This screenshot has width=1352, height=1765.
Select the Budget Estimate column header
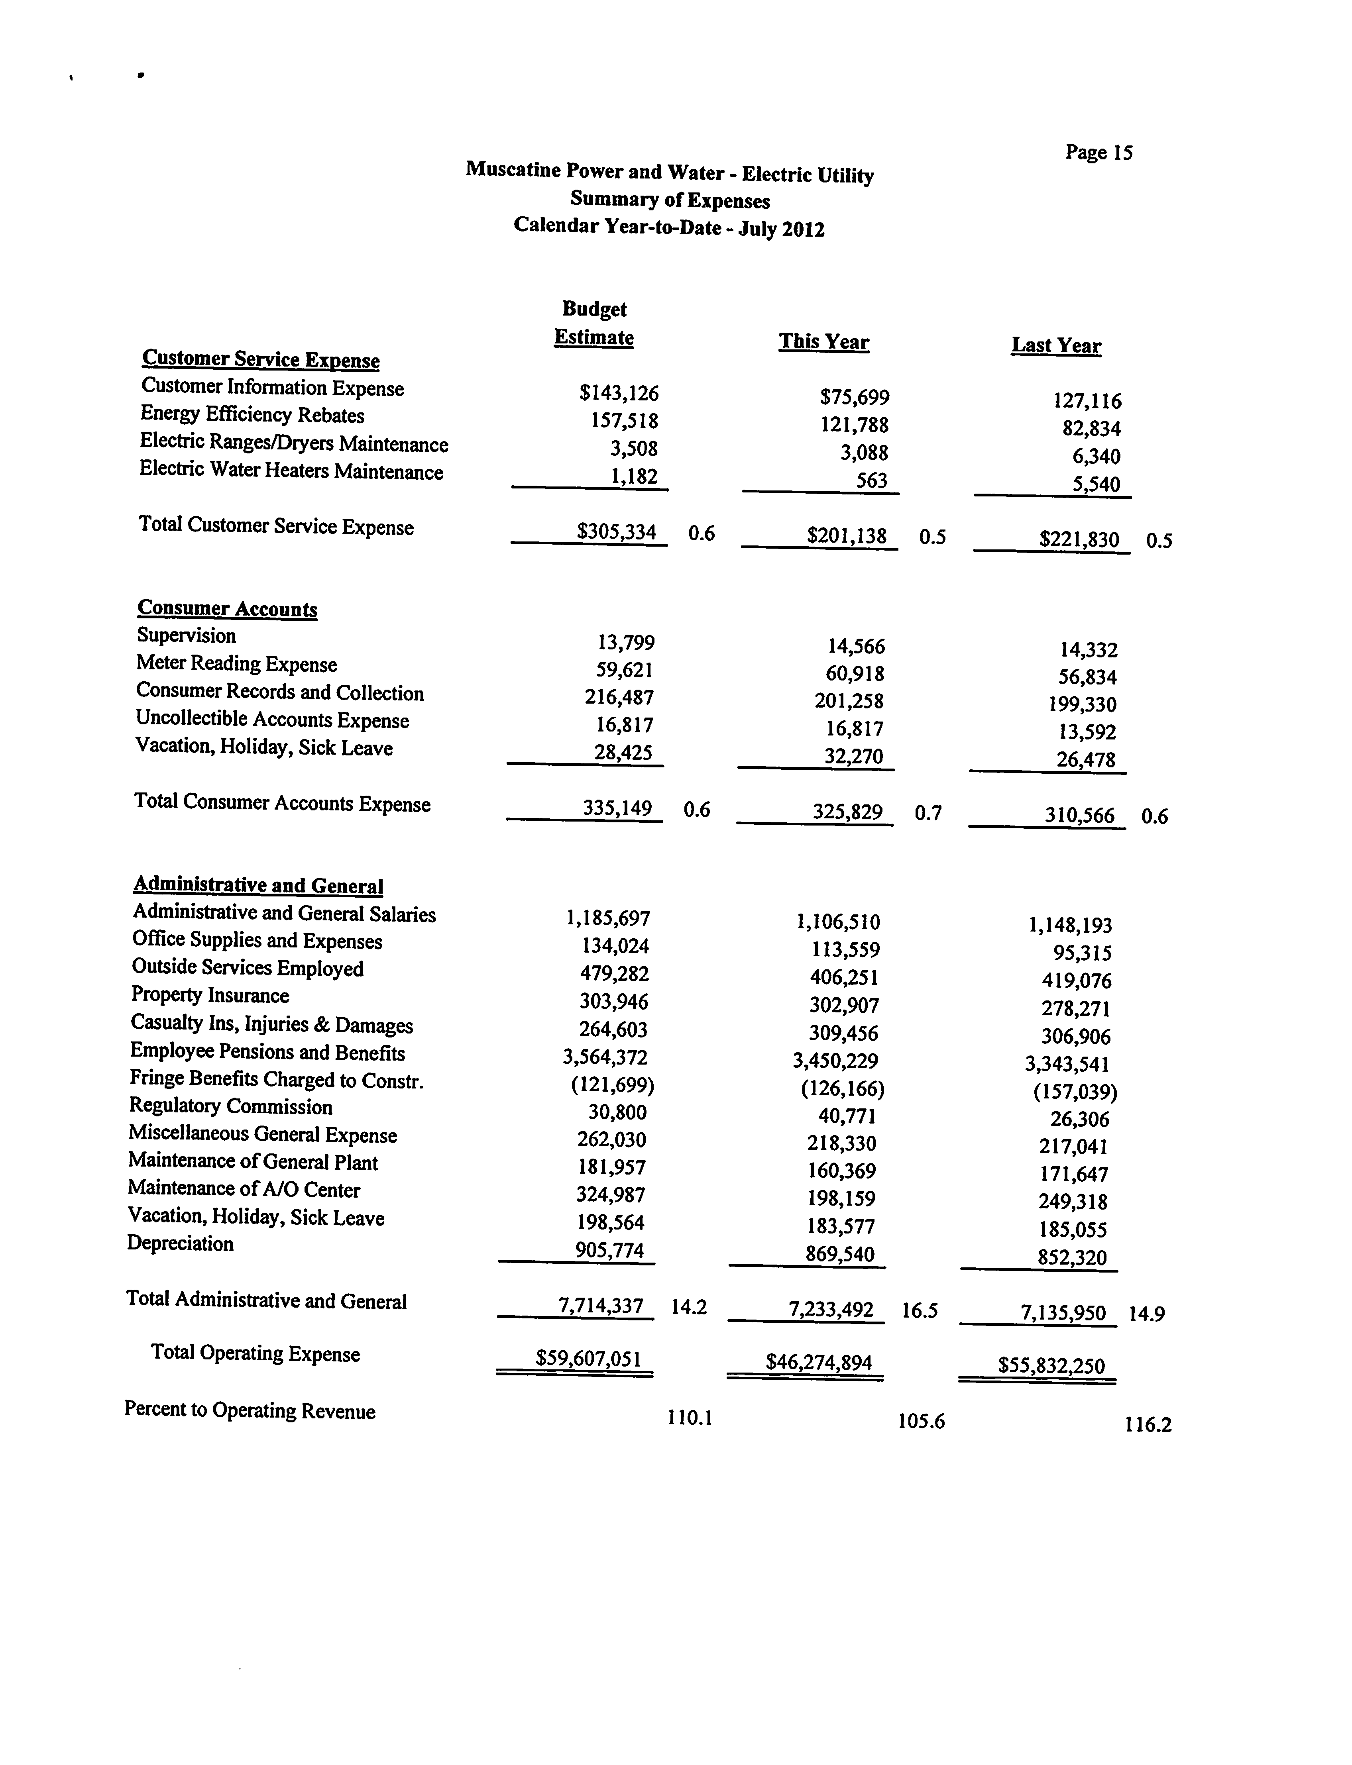point(594,324)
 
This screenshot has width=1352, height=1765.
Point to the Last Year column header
point(1056,346)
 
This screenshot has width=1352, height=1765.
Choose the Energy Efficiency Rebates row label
point(252,415)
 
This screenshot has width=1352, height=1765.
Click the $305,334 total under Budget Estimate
point(617,532)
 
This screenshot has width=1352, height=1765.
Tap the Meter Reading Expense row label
point(237,664)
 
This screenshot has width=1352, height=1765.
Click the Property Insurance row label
point(210,995)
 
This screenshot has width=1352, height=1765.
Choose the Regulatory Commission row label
point(231,1107)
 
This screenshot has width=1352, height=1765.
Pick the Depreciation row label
point(180,1244)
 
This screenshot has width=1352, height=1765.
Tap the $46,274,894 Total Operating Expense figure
point(818,1362)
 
